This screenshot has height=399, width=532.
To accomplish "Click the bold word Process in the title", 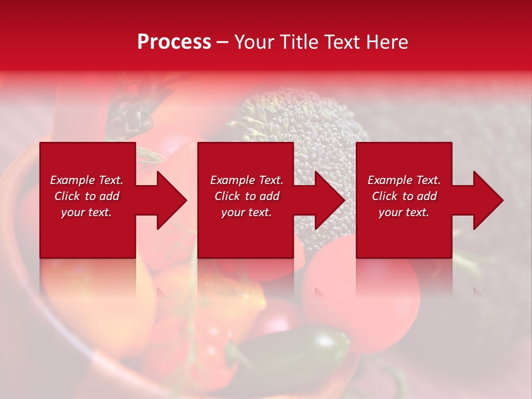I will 174,42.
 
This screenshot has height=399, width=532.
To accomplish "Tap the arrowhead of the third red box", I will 484,200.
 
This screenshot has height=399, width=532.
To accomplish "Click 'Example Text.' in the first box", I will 86,180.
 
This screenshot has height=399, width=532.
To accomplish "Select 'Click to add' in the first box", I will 86,196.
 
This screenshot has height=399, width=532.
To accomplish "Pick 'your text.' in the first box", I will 86,212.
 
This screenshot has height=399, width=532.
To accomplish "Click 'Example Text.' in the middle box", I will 246,180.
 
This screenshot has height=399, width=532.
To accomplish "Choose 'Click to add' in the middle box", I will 246,196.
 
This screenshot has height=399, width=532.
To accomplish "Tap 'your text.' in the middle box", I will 246,212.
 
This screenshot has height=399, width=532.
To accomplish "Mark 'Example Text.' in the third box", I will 404,180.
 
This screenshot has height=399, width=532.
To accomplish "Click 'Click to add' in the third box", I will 404,196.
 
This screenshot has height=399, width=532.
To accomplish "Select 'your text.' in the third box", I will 404,212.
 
